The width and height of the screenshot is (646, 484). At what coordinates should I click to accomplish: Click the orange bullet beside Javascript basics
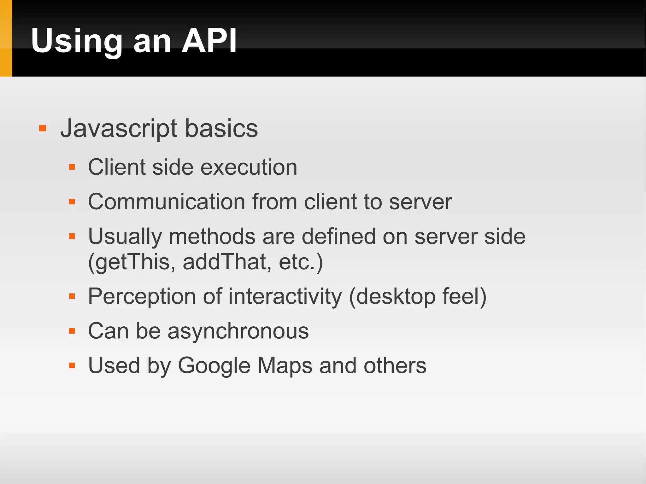click(x=43, y=128)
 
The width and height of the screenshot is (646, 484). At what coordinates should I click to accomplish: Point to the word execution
click(x=249, y=167)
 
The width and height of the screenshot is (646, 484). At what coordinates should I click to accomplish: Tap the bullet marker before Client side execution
click(x=72, y=167)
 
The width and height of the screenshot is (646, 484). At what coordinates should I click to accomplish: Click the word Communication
click(x=167, y=202)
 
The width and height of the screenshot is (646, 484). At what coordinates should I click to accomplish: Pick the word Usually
click(x=125, y=237)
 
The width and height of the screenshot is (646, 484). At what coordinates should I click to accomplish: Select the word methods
click(x=212, y=236)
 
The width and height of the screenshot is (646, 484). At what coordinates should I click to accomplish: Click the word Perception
click(x=142, y=297)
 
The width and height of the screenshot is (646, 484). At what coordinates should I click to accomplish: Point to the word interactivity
click(x=285, y=297)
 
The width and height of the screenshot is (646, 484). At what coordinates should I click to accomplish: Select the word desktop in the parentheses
click(x=396, y=297)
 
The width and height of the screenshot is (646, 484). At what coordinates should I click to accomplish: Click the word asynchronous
click(x=238, y=331)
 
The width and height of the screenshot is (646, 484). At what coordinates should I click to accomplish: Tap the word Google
click(x=214, y=366)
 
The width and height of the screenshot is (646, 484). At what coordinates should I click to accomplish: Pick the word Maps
click(x=285, y=366)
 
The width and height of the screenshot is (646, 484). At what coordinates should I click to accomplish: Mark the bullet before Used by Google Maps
click(x=72, y=366)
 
